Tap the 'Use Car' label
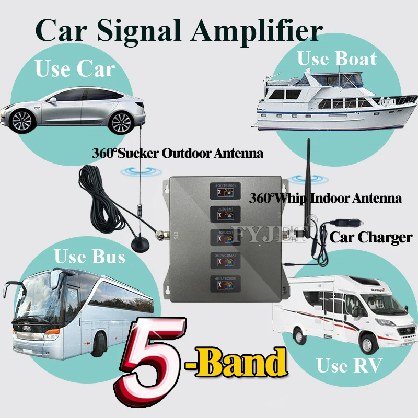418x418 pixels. (x=75, y=68)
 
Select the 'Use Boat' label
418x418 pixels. (x=336, y=59)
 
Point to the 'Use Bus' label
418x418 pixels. (x=90, y=257)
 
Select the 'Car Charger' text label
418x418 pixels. (x=370, y=237)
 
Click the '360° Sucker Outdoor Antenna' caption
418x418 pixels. (x=178, y=154)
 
